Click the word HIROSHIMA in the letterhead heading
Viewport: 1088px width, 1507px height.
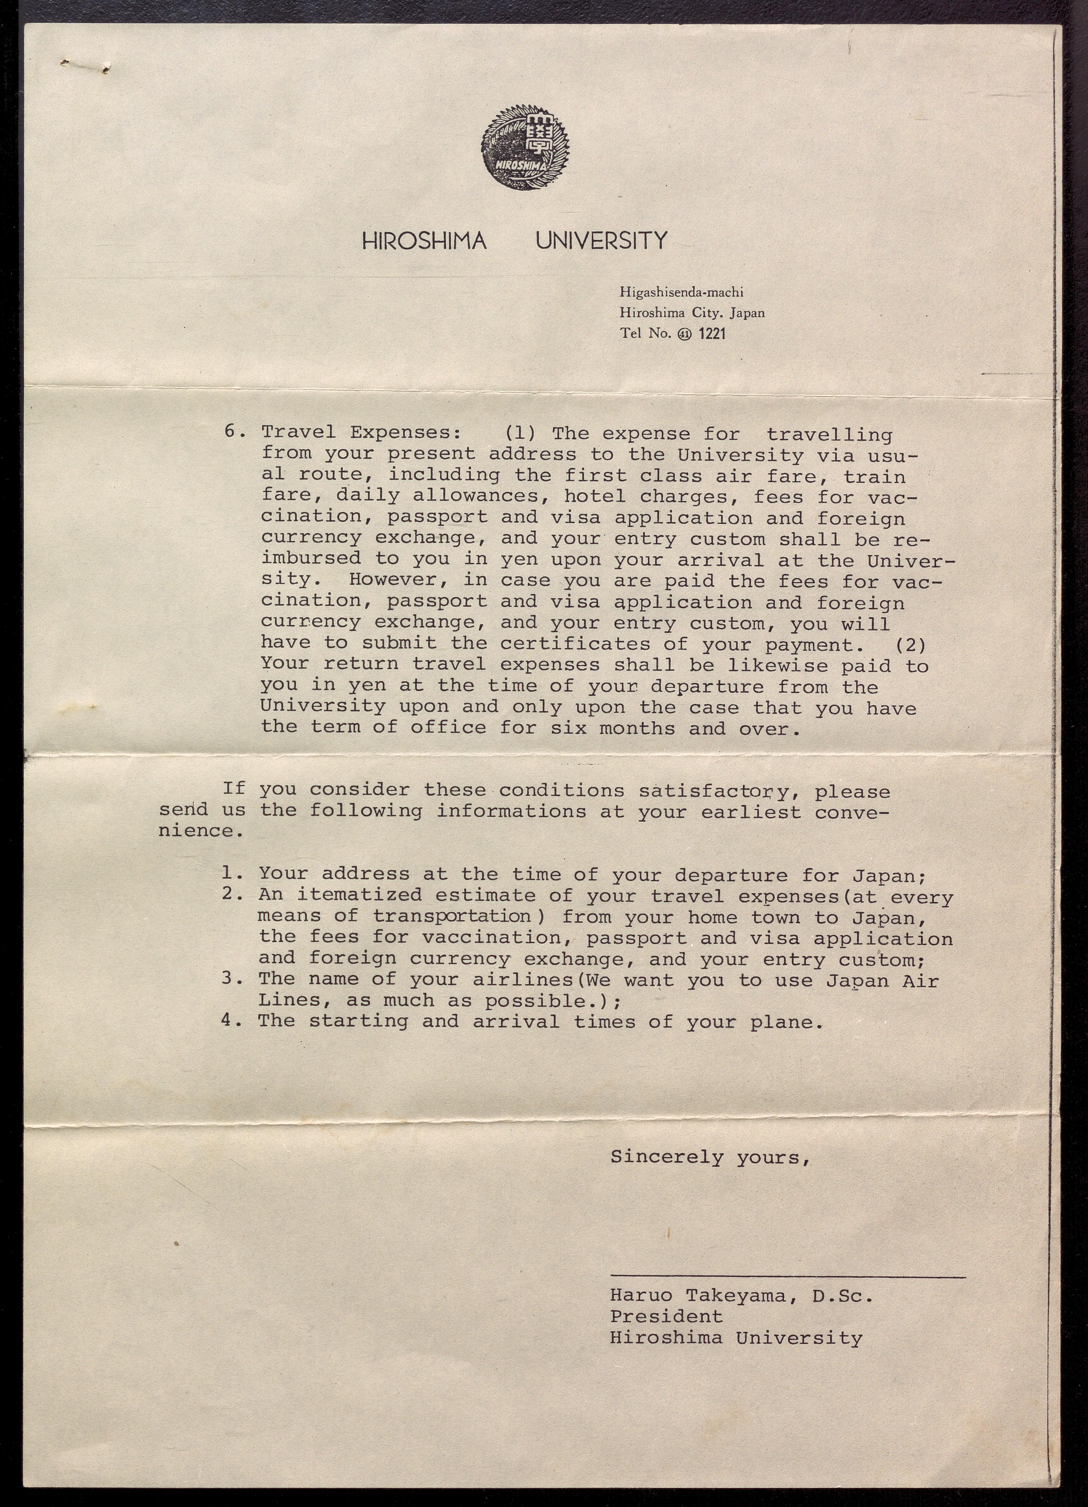point(425,241)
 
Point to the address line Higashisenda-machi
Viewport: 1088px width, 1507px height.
point(681,292)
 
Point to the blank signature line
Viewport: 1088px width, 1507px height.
point(787,1276)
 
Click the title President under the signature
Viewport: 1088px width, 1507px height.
point(666,1316)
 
